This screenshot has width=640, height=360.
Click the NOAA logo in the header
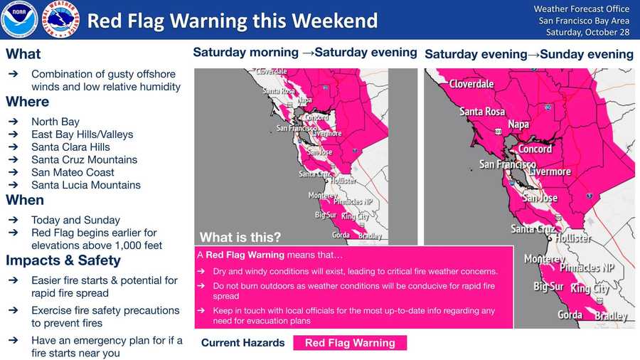pos(19,19)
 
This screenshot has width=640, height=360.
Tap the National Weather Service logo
pos(60,19)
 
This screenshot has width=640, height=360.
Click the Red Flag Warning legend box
pos(349,343)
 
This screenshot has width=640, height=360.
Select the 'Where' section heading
pos(28,102)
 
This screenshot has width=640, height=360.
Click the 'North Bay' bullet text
pos(55,122)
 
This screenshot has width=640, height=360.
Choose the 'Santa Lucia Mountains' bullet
pos(86,185)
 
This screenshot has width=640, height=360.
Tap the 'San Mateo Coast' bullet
pos(73,172)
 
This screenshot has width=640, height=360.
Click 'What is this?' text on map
pos(240,237)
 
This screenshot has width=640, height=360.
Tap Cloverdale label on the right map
pos(471,84)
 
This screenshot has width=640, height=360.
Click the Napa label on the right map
pos(518,125)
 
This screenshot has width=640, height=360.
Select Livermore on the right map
pos(550,171)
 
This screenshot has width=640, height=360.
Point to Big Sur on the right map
pos(548,287)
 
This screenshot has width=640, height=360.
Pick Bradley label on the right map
pos(612,315)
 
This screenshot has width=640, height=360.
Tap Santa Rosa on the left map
pos(279,91)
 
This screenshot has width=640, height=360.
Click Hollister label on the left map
pos(343,181)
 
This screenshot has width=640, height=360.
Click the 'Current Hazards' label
pos(242,343)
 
